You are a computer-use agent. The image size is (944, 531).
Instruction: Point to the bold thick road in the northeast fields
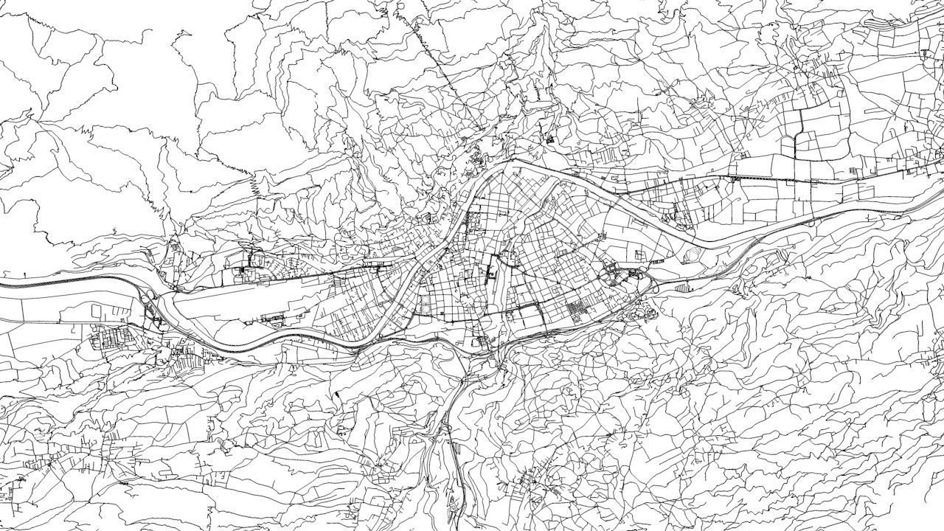pos(800,133)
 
